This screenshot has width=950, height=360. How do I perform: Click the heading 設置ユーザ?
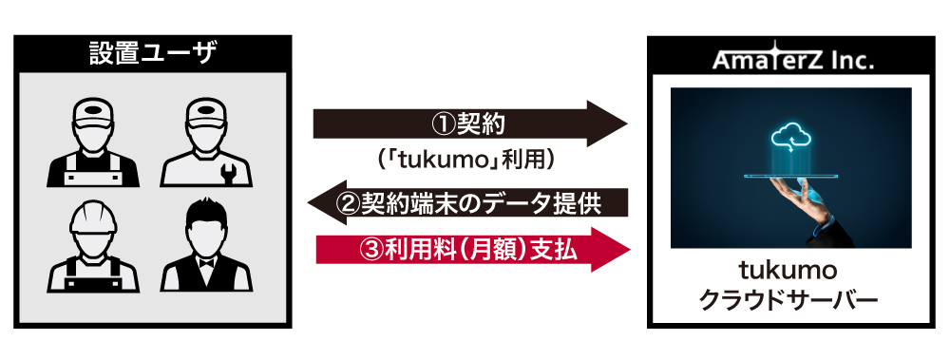pyautogui.click(x=152, y=54)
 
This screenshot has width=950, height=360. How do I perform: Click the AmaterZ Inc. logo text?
pyautogui.click(x=792, y=58)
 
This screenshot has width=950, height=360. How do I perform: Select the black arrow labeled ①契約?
pyautogui.click(x=470, y=123)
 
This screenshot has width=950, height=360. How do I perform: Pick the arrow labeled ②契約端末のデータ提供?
pyautogui.click(x=467, y=202)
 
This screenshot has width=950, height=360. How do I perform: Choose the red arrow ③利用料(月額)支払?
pyautogui.click(x=473, y=250)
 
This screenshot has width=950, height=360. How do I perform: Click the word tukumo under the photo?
pyautogui.click(x=790, y=271)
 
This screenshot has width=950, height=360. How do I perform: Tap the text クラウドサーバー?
pyautogui.click(x=790, y=300)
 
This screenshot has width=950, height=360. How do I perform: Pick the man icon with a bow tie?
pyautogui.click(x=206, y=245)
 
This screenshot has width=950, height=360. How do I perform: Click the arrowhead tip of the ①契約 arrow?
pyautogui.click(x=628, y=123)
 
